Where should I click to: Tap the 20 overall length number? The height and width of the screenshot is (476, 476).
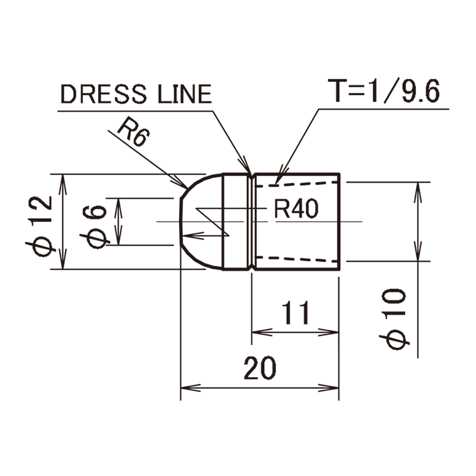[260, 369]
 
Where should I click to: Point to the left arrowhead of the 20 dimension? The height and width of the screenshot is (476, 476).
[186, 388]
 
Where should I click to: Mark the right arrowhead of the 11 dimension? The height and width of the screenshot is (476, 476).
[333, 331]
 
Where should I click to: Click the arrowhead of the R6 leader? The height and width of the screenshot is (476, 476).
[186, 185]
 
